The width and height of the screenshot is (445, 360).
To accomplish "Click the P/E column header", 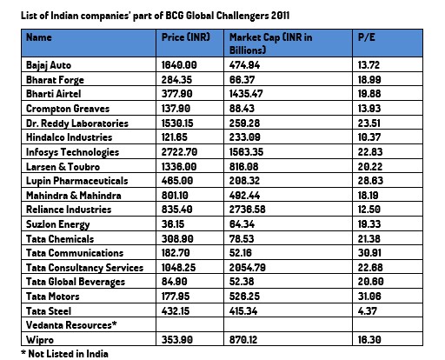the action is [x=366, y=37].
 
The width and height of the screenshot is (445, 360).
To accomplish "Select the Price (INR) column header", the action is [x=186, y=37].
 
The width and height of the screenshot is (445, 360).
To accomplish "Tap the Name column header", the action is [x=39, y=37].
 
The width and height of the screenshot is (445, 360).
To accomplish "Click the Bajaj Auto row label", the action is [x=49, y=65].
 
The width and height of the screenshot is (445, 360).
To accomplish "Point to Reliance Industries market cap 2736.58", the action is [x=247, y=210].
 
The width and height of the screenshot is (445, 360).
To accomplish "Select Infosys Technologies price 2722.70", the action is [x=179, y=152].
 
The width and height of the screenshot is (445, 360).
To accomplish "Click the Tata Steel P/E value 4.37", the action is [x=367, y=311].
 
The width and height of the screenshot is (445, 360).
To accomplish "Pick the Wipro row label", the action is [x=40, y=340].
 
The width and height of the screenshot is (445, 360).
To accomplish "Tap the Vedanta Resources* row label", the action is [x=71, y=325].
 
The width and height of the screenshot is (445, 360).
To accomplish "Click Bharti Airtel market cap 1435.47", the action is [x=246, y=94].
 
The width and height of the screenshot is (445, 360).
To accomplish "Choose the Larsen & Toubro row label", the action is [x=63, y=167].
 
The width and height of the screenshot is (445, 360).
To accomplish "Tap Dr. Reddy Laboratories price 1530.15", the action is [x=177, y=123].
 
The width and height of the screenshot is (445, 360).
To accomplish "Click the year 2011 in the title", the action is [x=280, y=16].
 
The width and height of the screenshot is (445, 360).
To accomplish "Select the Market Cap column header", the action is [x=271, y=43].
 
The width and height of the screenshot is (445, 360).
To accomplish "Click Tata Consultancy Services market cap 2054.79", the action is [x=248, y=267].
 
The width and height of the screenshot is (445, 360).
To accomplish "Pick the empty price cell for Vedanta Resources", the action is [x=189, y=324].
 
